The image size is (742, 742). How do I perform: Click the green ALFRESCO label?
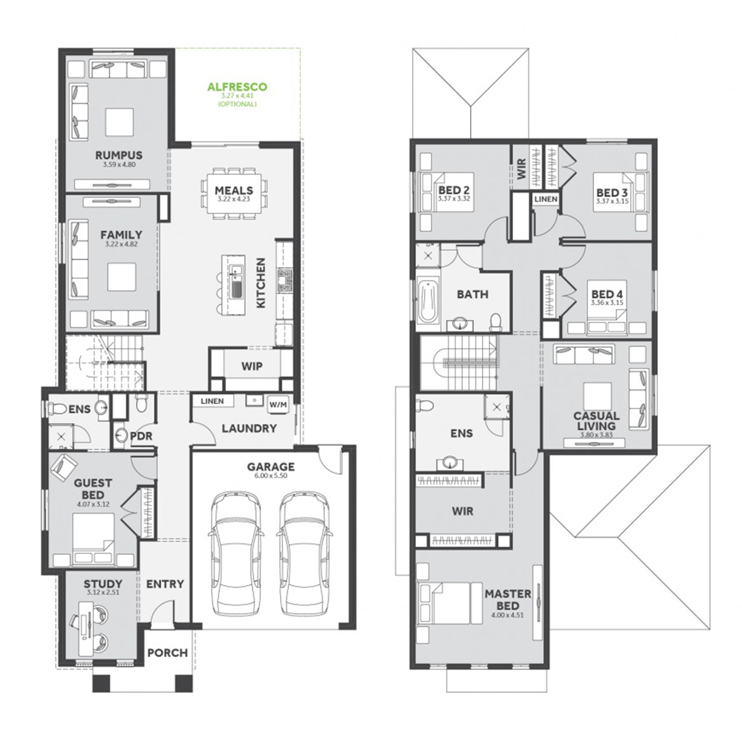(237, 87)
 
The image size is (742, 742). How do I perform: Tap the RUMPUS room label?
(119, 155)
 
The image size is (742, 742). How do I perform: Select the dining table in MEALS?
(234, 193)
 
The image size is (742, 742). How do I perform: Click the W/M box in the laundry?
(278, 405)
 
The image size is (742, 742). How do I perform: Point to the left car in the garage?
(235, 554)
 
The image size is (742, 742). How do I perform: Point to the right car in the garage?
(303, 554)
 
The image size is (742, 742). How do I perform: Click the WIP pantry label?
(252, 367)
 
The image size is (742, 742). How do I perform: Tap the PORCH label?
(168, 653)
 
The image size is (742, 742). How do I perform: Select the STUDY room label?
(103, 584)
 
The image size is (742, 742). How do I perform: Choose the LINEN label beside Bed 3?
(546, 199)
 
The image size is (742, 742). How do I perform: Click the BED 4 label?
(607, 294)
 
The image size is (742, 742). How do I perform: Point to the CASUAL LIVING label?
(597, 421)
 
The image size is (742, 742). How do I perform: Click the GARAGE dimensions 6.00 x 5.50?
(271, 476)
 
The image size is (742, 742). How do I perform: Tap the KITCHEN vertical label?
(261, 283)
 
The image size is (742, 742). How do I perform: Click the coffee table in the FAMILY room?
(122, 277)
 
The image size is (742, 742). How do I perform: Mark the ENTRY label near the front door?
(165, 584)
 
